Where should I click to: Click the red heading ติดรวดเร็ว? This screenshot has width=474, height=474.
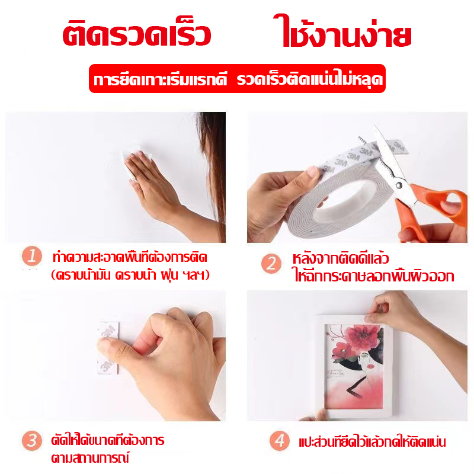click(x=137, y=36)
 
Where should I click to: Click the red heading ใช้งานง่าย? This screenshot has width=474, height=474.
click(x=342, y=36)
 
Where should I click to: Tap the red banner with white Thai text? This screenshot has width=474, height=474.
click(x=237, y=79)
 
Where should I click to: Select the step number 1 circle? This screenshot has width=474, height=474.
click(x=33, y=257)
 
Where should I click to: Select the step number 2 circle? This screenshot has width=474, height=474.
click(x=271, y=264)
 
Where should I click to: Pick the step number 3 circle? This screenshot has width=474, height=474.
click(x=33, y=440)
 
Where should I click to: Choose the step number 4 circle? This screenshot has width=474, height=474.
click(x=278, y=441)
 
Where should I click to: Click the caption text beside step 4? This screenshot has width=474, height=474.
click(x=371, y=441)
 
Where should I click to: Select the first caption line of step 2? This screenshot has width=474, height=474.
click(x=341, y=259)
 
